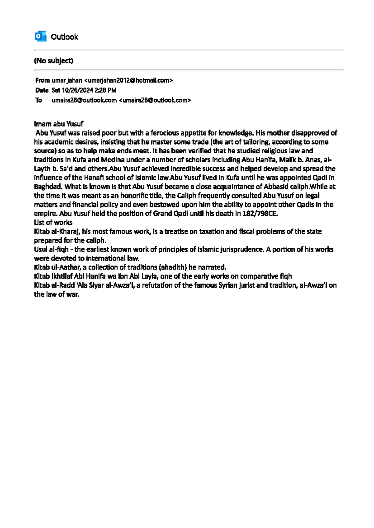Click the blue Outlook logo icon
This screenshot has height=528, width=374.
(x=41, y=36)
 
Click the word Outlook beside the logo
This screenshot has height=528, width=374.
(x=65, y=37)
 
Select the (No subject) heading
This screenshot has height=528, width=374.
(x=54, y=61)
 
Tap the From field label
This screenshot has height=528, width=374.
(x=42, y=80)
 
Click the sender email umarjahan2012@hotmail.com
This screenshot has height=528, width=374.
(x=128, y=80)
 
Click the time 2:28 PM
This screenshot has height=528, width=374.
(x=106, y=90)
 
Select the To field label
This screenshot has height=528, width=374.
(x=39, y=100)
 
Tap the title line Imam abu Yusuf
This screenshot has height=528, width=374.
(x=59, y=124)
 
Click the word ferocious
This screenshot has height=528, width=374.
(x=165, y=133)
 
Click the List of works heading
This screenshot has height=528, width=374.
(x=53, y=223)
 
